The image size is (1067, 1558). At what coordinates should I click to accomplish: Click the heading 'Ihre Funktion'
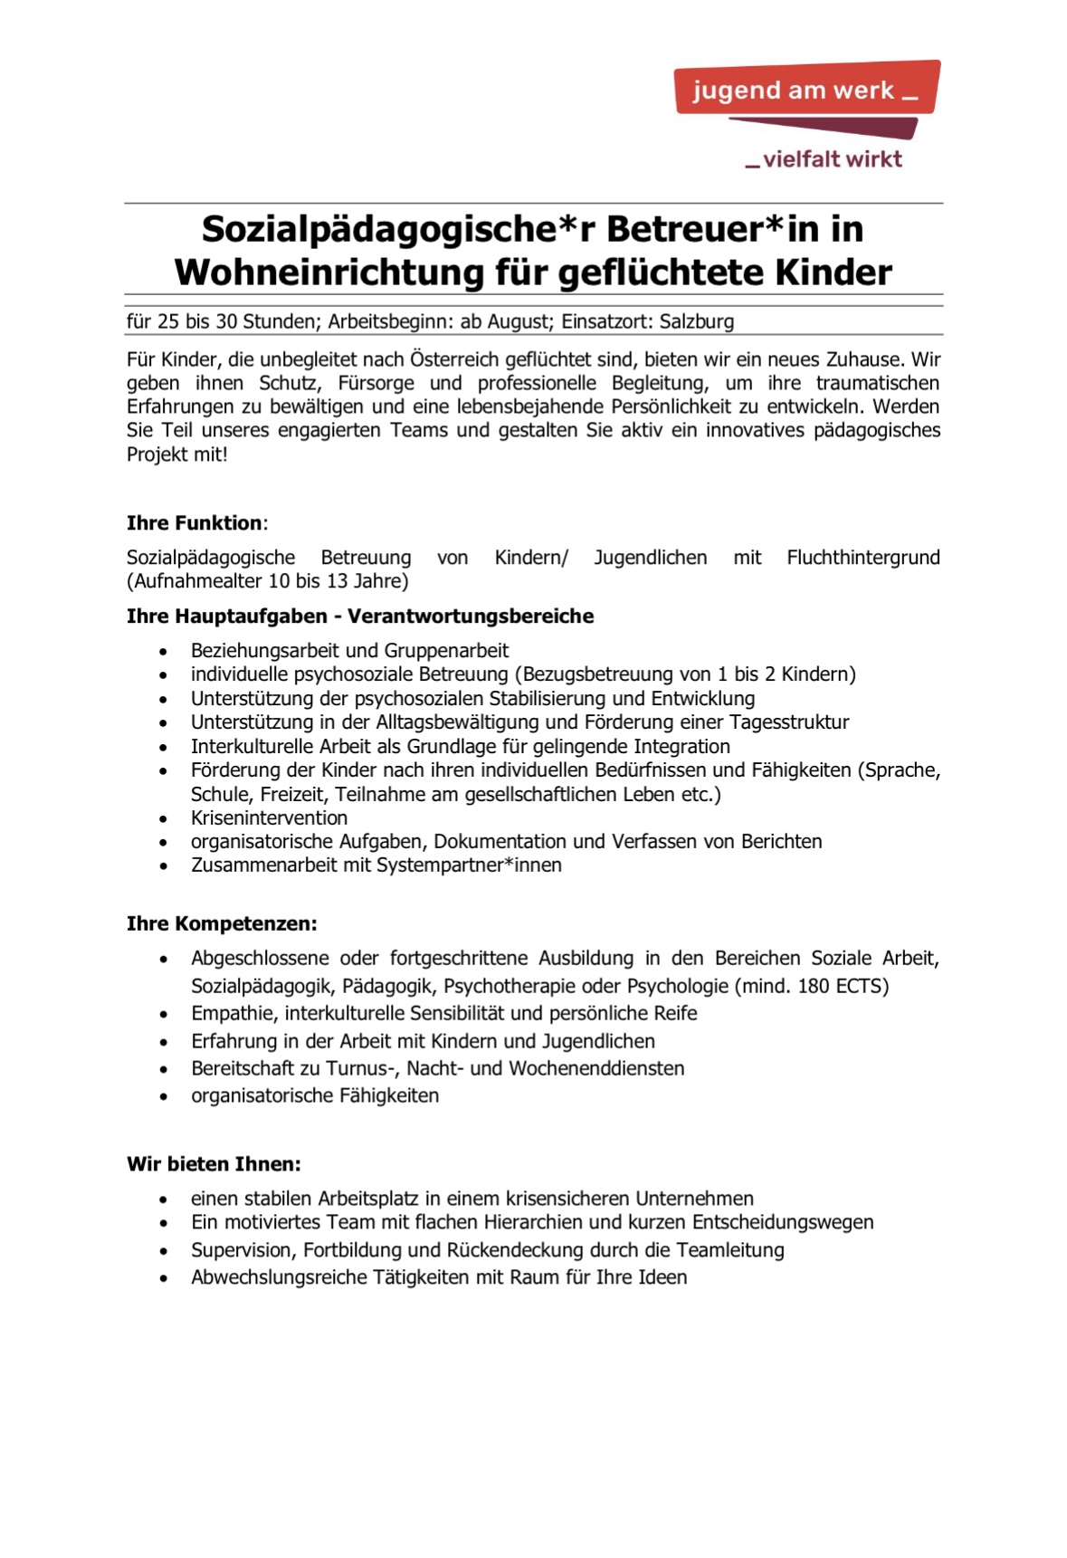195,523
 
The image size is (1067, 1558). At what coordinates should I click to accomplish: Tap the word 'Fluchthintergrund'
862,558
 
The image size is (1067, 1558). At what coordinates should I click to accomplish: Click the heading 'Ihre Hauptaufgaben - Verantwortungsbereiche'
360,617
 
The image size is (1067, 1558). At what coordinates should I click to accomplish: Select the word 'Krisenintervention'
269,817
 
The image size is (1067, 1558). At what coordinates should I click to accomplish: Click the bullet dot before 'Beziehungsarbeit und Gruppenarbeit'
163,652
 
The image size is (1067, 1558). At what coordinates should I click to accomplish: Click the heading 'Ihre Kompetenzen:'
222,924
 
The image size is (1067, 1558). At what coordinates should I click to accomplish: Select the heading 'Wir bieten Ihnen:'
214,1164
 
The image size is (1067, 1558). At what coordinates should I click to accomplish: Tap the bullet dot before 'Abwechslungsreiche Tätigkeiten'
163,1279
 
